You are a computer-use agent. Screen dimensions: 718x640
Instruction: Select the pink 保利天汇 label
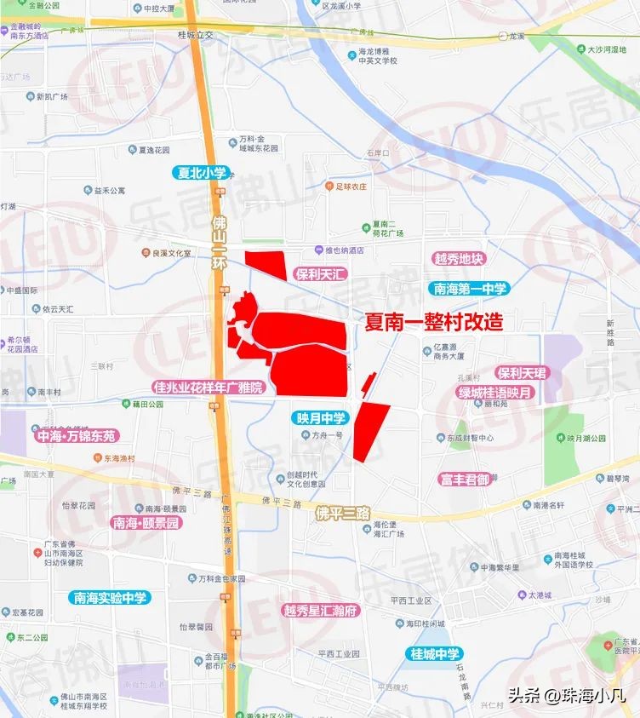click(x=317, y=274)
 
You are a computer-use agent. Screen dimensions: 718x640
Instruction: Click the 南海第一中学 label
click(x=469, y=289)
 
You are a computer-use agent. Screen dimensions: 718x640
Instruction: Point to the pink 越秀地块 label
click(x=458, y=259)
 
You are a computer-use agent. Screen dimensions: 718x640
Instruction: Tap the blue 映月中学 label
click(x=321, y=417)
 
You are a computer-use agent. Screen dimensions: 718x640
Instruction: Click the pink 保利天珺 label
click(x=523, y=373)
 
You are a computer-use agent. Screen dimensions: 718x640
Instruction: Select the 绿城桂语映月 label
click(x=495, y=393)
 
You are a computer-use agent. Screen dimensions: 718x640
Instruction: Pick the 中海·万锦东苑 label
click(x=77, y=435)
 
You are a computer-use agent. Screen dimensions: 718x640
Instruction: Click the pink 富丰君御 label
click(x=465, y=480)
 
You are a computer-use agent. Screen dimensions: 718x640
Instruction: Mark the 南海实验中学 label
click(x=111, y=597)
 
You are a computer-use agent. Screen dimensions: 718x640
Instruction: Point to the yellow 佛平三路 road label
click(x=343, y=514)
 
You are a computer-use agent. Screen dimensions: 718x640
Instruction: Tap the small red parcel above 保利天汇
click(x=266, y=264)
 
